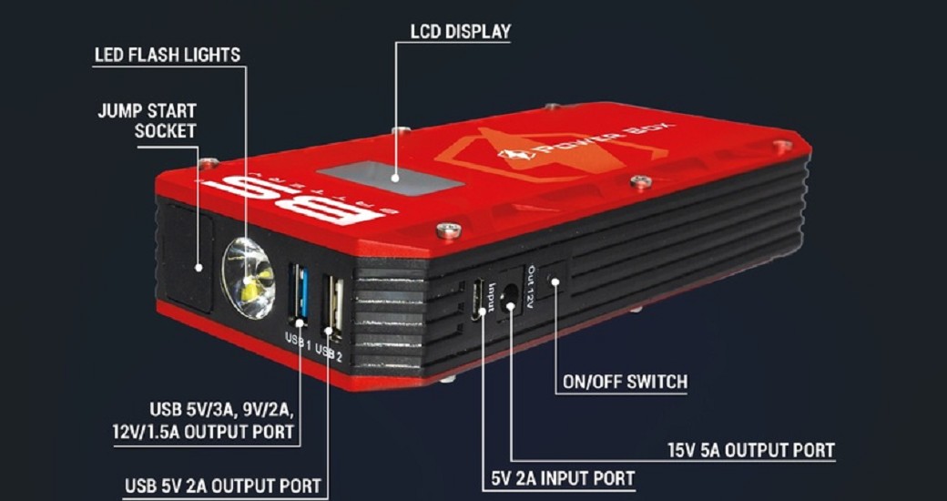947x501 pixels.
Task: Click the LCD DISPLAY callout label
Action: click(x=461, y=31)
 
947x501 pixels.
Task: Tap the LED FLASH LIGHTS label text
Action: click(x=168, y=55)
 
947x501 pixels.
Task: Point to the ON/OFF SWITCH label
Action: click(x=625, y=382)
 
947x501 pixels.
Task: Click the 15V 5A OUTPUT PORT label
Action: click(x=751, y=450)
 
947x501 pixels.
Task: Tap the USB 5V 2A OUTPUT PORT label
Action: click(x=223, y=486)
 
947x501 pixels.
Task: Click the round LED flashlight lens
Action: click(x=249, y=278)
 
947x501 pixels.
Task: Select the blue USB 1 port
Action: click(x=299, y=294)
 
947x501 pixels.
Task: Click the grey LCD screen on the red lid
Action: click(x=390, y=178)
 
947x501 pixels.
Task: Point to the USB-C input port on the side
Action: click(x=479, y=296)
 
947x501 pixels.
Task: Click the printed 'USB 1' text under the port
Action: click(x=297, y=339)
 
